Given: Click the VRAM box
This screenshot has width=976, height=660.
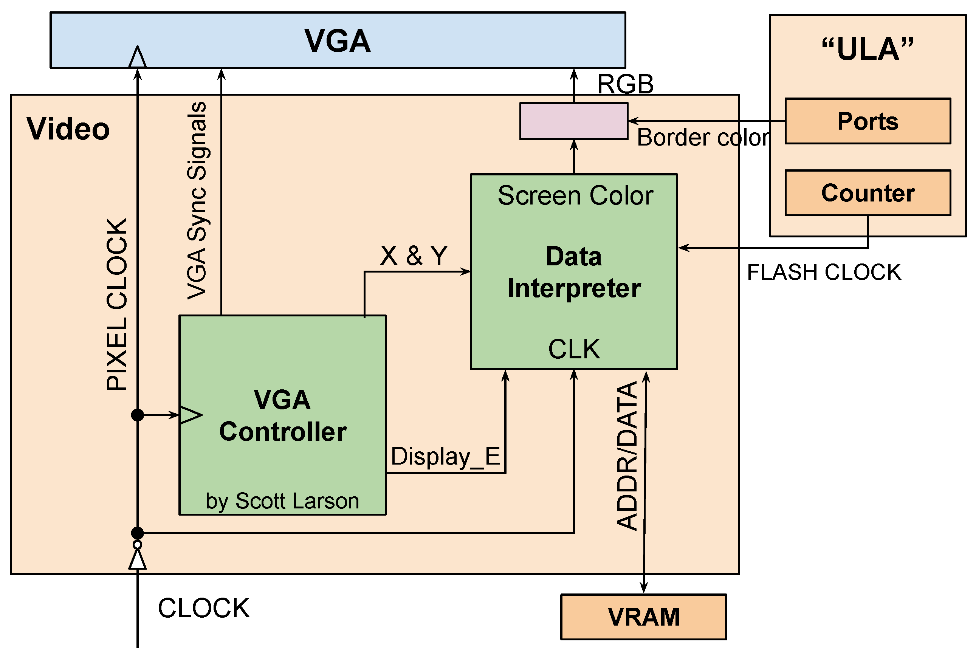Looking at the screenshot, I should point(643,616).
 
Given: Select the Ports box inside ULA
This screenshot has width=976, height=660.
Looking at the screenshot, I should point(867,121).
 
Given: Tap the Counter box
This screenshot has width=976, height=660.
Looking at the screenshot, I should point(867,193).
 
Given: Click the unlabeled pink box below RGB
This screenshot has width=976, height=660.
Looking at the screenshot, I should point(573,121).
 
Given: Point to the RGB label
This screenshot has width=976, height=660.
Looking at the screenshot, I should point(625,84).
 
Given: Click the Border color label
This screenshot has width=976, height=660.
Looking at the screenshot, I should point(703,138).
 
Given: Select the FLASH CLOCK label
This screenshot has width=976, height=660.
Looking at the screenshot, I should point(823,272).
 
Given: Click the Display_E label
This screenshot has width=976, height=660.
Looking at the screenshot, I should point(445,456).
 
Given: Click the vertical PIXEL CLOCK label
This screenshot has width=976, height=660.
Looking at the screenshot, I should point(117,304).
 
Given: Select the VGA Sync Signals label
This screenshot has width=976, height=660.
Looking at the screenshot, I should point(197,201).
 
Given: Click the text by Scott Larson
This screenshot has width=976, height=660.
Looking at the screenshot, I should point(282,501).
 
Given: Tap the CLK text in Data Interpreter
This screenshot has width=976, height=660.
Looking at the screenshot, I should point(574,349).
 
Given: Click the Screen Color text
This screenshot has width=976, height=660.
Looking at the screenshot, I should point(575,196).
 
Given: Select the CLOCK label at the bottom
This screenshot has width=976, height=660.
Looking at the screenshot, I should point(204,608).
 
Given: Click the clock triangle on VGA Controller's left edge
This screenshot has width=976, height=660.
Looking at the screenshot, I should point(190,415).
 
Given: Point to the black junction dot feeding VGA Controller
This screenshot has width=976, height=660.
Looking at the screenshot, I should point(137,415).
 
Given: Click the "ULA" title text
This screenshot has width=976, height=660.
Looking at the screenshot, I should point(867,49).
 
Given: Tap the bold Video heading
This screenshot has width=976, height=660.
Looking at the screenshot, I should point(68,129).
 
